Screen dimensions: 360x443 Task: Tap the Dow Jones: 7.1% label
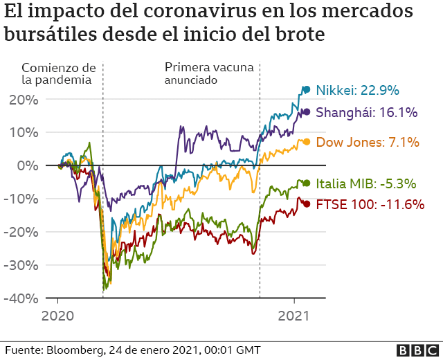click(368, 143)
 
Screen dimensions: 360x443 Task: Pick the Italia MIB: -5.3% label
click(365, 183)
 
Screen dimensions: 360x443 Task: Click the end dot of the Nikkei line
click(307, 89)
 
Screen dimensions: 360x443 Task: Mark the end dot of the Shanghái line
click(306, 111)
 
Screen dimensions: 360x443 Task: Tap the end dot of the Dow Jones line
click(307, 142)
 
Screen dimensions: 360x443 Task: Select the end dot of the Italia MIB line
click(307, 183)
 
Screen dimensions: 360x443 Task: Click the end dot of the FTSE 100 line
click(307, 204)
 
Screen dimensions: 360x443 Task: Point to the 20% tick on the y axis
click(24, 99)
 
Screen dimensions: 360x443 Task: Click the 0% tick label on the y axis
click(28, 165)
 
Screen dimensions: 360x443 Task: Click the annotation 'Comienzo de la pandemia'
click(58, 73)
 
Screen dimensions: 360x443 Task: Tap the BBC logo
click(416, 350)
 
